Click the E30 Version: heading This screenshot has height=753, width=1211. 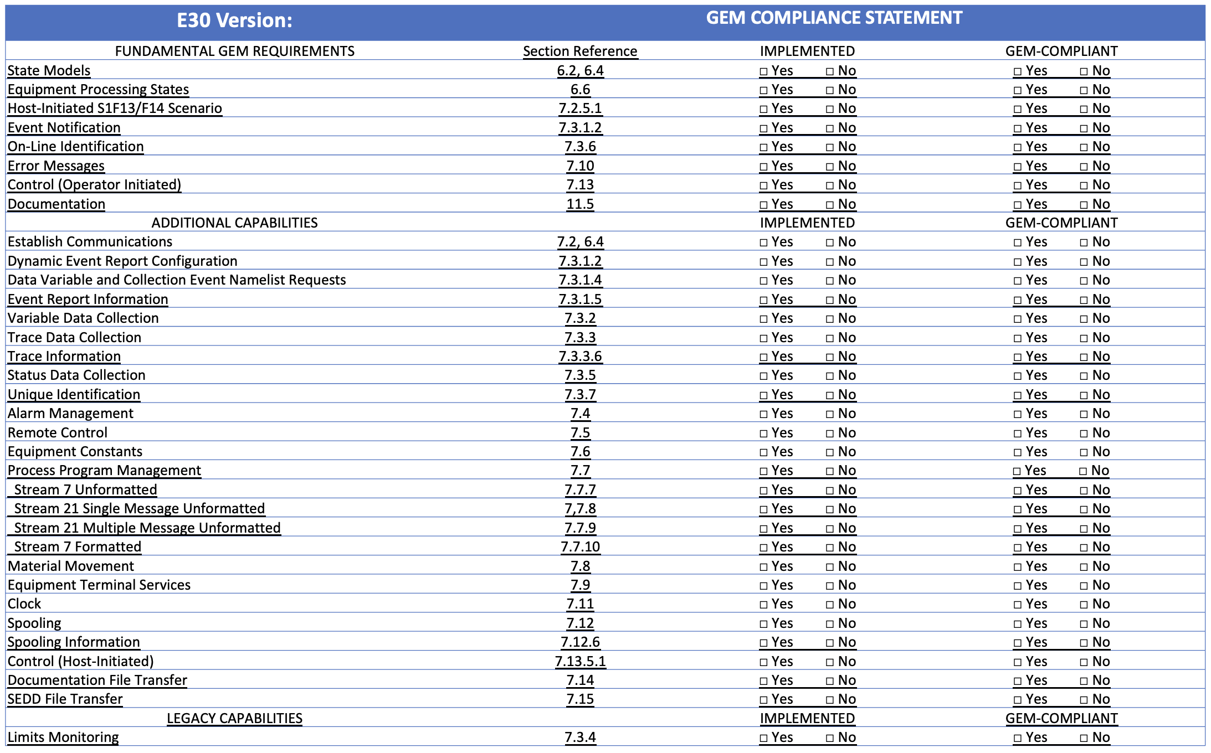234,20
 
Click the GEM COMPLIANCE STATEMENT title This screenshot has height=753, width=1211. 834,18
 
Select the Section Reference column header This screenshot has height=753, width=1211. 580,51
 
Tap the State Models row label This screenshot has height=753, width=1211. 49,70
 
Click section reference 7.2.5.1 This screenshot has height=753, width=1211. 580,108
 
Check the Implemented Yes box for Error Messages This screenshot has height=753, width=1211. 764,166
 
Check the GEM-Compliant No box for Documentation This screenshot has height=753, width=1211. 1084,204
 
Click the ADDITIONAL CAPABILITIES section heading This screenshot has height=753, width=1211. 234,223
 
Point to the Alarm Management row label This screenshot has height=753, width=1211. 70,413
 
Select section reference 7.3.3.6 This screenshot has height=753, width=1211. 580,356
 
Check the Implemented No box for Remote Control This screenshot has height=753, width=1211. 830,433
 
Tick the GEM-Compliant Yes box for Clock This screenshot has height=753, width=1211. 1018,604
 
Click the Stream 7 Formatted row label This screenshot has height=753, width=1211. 78,546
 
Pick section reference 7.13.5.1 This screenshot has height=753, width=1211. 580,661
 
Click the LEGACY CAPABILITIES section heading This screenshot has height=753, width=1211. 234,718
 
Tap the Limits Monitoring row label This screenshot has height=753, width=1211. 63,737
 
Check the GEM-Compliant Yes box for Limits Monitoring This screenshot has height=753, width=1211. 1018,737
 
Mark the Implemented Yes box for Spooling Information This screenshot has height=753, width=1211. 764,642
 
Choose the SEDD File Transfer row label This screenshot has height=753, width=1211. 65,699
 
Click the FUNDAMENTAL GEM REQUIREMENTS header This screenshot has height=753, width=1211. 234,51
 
